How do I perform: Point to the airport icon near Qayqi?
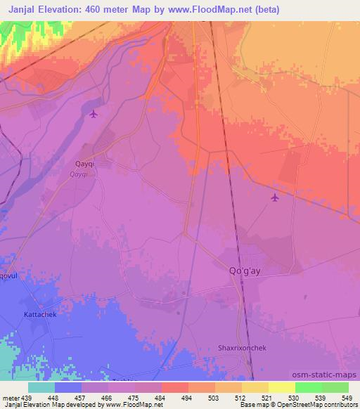[x=94, y=113]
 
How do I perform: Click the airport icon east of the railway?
[x=275, y=197]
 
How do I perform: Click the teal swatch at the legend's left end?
[x=41, y=387]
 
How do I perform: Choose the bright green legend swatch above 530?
[x=308, y=387]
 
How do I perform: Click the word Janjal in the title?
[x=24, y=9]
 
